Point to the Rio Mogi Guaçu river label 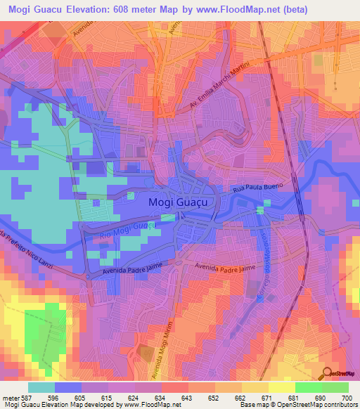pos(126,231)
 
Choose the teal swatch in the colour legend pos(41,387)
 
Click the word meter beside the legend pos(10,398)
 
